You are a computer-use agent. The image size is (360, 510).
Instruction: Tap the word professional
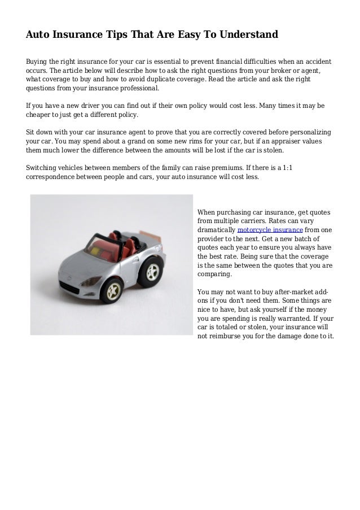(138, 89)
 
